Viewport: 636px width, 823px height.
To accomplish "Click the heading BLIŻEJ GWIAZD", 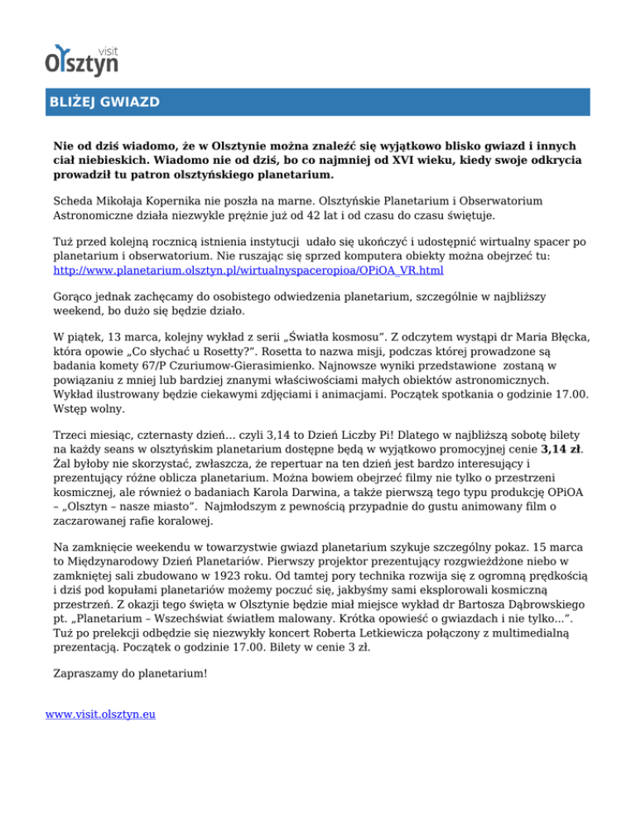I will (x=103, y=103).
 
